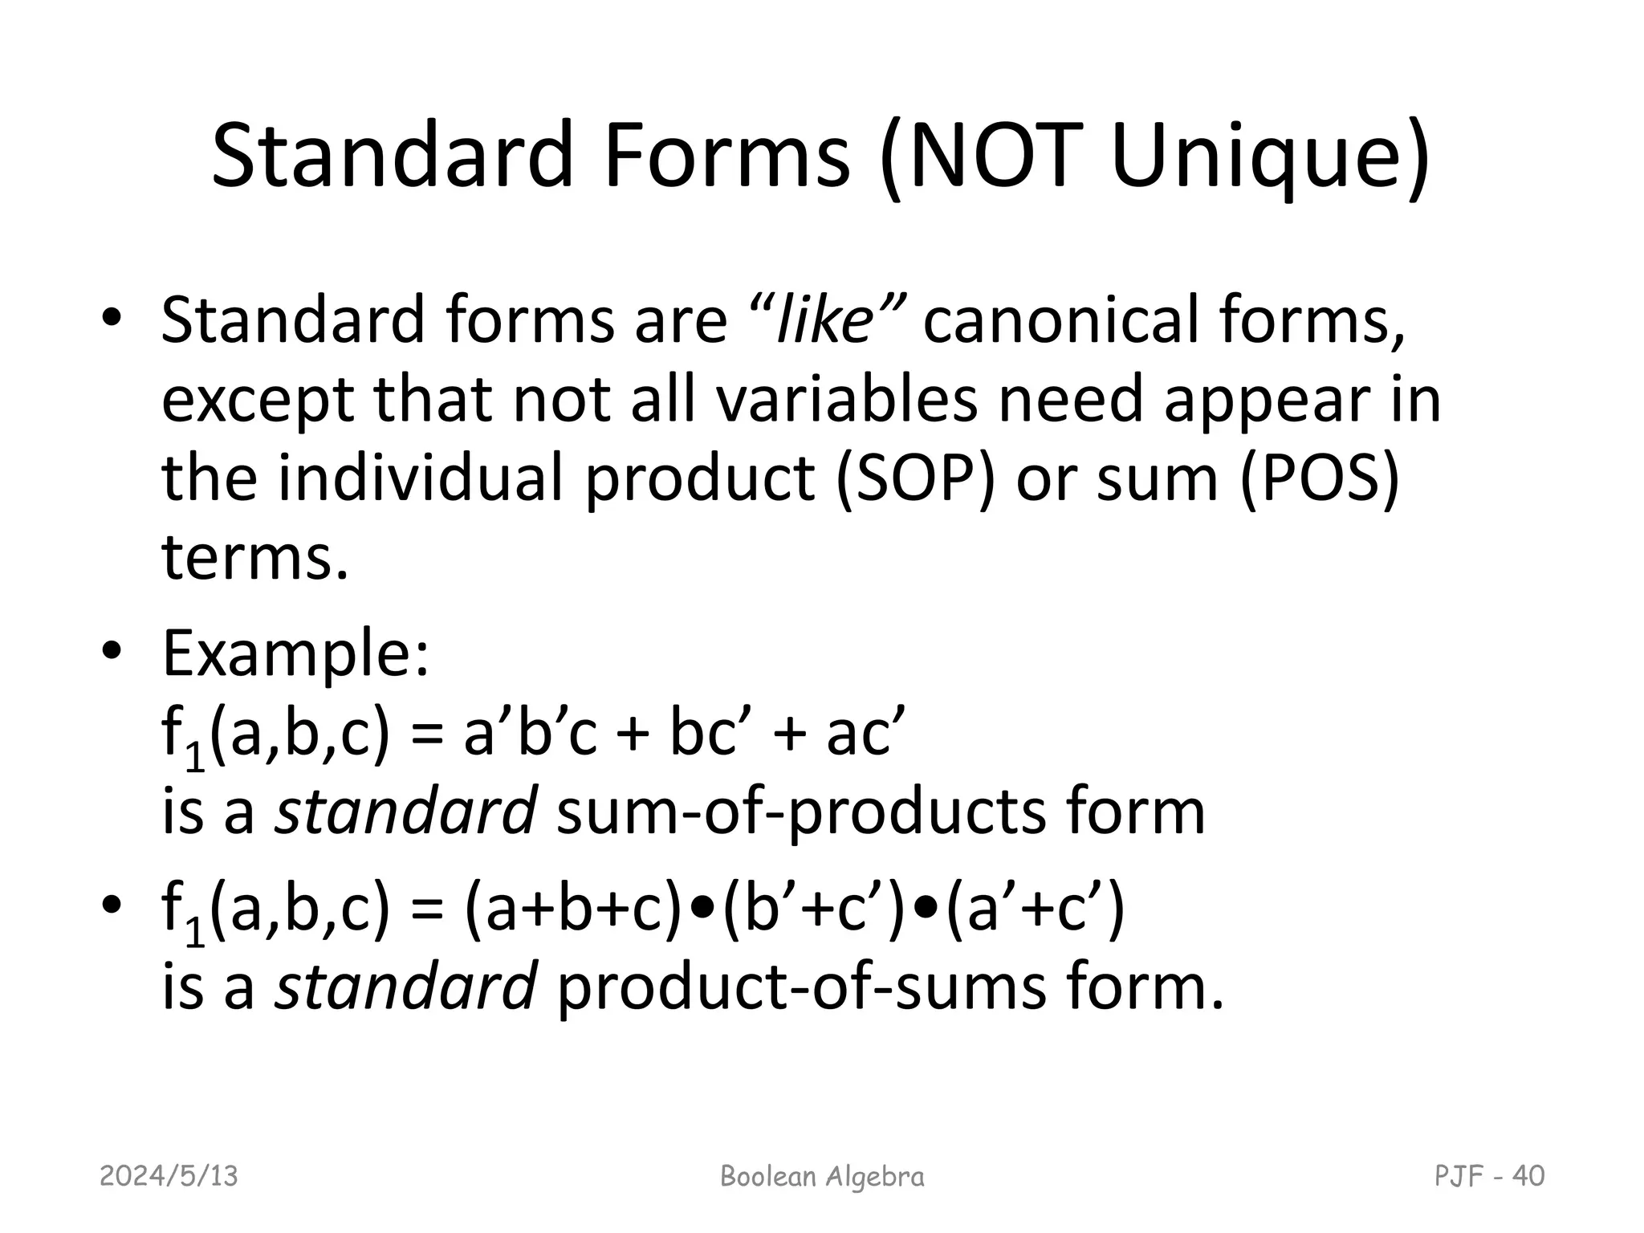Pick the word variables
pyautogui.click(x=846, y=400)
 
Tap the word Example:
pyautogui.click(x=296, y=655)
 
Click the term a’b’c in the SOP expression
pyautogui.click(x=531, y=735)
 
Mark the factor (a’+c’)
pyautogui.click(x=1036, y=911)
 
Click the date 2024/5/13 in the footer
pyautogui.click(x=169, y=1177)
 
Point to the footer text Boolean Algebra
pyautogui.click(x=822, y=1177)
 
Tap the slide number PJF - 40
pyautogui.click(x=1489, y=1177)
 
